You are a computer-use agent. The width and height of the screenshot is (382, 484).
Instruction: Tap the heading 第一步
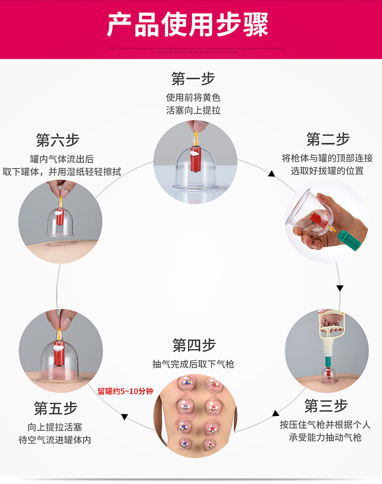(193, 78)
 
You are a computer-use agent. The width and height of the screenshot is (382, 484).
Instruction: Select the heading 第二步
(328, 140)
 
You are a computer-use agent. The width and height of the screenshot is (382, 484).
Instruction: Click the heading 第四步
(194, 345)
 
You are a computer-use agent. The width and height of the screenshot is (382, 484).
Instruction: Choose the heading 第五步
(55, 408)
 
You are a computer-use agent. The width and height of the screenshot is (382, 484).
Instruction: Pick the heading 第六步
(58, 141)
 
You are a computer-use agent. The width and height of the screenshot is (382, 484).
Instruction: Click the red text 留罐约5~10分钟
(125, 391)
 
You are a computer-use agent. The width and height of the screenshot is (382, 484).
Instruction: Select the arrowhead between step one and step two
(272, 173)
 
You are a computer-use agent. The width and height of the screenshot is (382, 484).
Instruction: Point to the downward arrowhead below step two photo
(340, 288)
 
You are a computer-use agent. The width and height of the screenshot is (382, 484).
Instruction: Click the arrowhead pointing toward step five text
(124, 416)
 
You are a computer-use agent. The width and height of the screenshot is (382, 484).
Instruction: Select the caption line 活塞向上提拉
(193, 110)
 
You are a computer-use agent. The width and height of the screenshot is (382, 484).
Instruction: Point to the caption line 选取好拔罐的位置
(327, 171)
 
